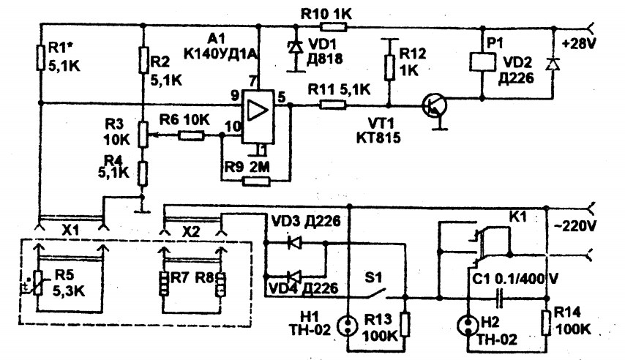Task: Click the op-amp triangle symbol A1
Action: [258, 110]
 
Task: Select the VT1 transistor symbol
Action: [435, 106]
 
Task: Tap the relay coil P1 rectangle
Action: [482, 62]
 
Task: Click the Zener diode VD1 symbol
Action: [296, 47]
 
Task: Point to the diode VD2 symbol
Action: [553, 64]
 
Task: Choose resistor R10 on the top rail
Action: [334, 27]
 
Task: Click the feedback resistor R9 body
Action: [256, 181]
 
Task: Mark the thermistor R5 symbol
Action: [38, 283]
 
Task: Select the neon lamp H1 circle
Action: [348, 326]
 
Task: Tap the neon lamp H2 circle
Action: [467, 326]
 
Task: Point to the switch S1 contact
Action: [375, 294]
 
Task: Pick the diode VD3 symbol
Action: [294, 242]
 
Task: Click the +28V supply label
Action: [579, 43]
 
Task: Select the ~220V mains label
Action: [575, 226]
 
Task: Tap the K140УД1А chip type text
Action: [220, 53]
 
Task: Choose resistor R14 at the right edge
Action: [547, 323]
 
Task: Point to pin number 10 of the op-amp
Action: [233, 127]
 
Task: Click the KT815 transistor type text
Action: [378, 138]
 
